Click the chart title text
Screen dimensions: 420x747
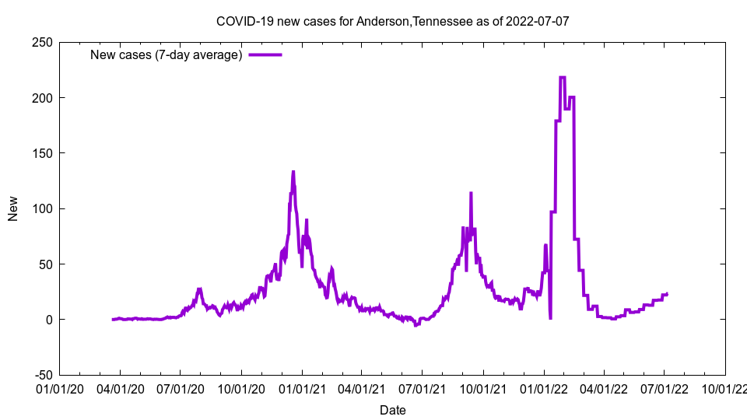tap(392, 21)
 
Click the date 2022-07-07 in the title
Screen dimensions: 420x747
tap(537, 21)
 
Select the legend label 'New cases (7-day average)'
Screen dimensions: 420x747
tap(167, 54)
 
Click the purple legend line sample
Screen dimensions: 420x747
tap(265, 54)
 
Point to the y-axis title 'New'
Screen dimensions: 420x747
tap(13, 208)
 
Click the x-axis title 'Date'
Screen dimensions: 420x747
tap(392, 410)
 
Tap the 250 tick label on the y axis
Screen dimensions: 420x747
tap(42, 42)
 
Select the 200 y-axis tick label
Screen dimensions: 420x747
tap(42, 98)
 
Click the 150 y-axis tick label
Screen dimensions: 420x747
tap(42, 153)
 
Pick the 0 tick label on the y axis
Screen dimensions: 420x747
tap(48, 320)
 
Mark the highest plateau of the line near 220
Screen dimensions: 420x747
tap(563, 77)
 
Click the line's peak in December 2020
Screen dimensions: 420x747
tap(293, 172)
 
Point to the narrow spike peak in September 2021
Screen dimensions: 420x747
tap(471, 193)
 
